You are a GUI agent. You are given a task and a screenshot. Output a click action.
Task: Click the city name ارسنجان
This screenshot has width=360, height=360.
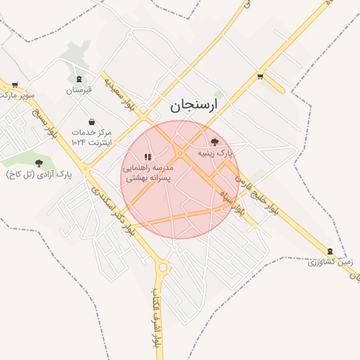pos(194,105)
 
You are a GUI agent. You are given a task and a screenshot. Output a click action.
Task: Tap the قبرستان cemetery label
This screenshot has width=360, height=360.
pos(79,91)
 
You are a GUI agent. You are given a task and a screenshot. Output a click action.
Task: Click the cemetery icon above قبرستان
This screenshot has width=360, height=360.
pos(79,79)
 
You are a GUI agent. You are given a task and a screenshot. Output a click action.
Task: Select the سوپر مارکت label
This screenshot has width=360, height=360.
pos(17,95)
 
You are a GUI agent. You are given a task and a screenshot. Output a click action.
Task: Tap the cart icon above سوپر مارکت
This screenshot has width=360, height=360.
pos(15,84)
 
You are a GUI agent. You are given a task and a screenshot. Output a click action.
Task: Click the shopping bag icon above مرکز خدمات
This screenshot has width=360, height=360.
pos(91,121)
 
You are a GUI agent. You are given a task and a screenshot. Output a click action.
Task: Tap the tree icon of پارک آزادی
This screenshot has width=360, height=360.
pos(39,163)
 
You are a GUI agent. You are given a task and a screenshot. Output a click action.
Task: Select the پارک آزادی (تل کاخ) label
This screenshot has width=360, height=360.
pos(39,174)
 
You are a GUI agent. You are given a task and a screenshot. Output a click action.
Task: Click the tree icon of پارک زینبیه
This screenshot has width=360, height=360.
pos(214,141)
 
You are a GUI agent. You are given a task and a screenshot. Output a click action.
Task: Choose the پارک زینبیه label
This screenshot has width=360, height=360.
pos(214,153)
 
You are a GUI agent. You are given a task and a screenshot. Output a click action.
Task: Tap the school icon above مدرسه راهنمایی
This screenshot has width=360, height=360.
pos(148,157)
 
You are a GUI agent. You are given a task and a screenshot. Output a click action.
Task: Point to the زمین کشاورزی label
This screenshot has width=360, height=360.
pos(330,262)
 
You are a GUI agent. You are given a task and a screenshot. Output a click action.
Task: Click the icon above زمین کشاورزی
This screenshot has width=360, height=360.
pos(330,251)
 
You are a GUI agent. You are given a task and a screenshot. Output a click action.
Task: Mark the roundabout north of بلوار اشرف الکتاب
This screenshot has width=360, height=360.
pos(164,267)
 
